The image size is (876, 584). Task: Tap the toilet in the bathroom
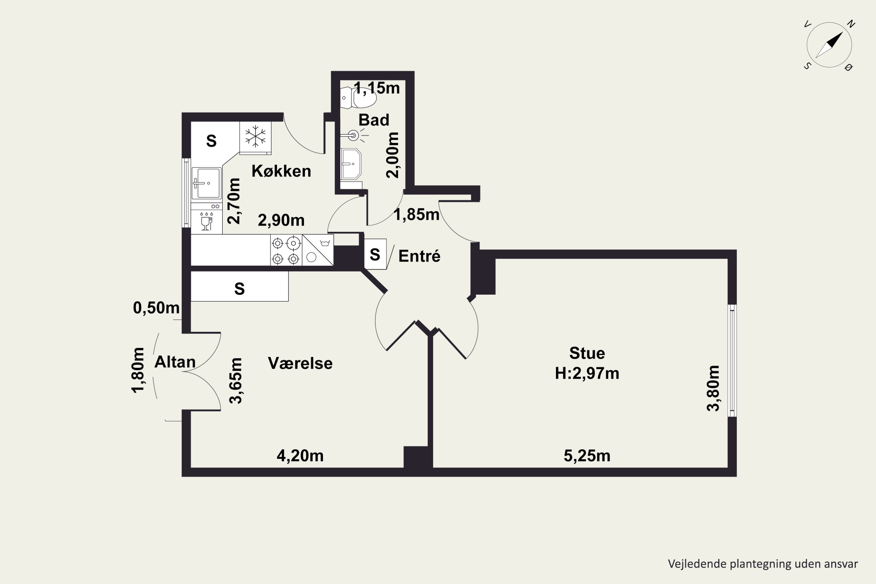tap(358, 98)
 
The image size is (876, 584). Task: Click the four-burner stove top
tap(286, 250)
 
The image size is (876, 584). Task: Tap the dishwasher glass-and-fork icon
tap(206, 221)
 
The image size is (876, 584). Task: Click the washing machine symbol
tap(318, 250)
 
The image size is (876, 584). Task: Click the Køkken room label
tap(281, 171)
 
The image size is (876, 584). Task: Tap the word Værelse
tap(300, 363)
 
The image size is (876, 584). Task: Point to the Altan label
tap(175, 362)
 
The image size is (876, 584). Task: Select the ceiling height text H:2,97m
tap(587, 373)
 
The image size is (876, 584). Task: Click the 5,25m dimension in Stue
tap(587, 456)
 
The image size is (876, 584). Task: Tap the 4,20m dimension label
tap(300, 456)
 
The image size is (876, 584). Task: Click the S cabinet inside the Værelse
tap(239, 286)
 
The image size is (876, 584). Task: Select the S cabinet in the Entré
tap(375, 254)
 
